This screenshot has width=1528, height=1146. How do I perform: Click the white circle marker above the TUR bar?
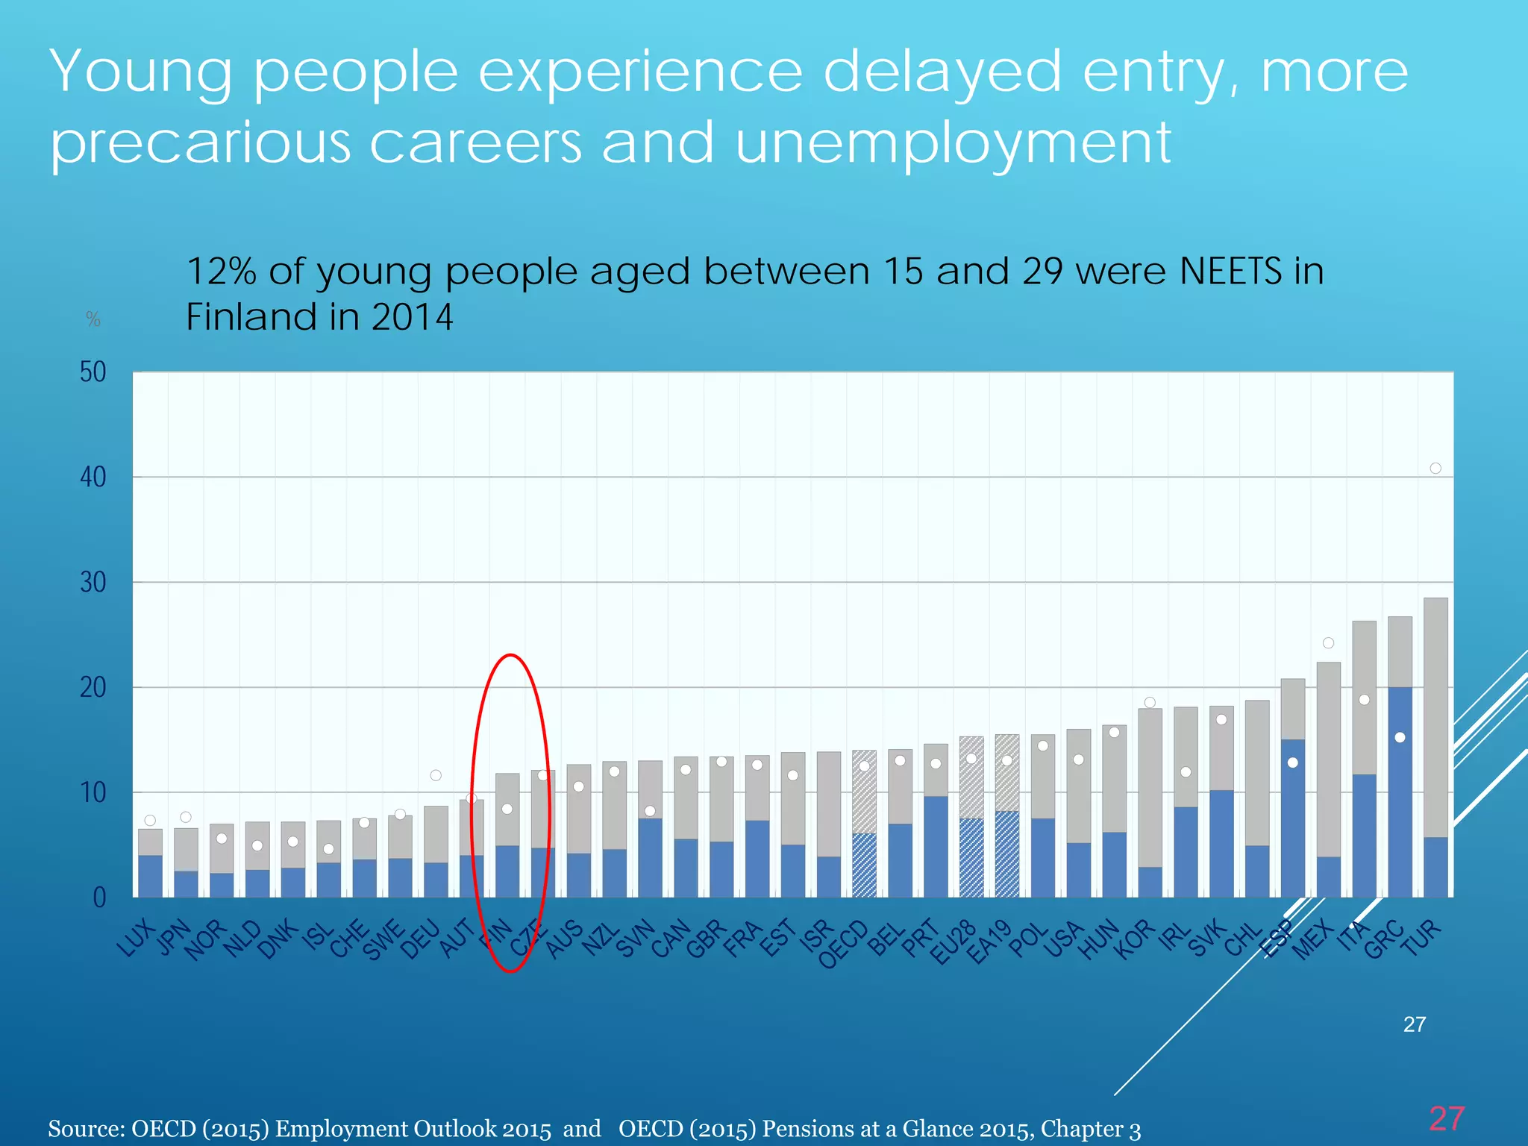pyautogui.click(x=1435, y=469)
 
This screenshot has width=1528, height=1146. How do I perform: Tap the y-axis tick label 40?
pyautogui.click(x=93, y=477)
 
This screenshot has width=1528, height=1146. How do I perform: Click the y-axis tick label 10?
pyautogui.click(x=93, y=792)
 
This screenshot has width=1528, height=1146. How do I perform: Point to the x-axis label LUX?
pyautogui.click(x=137, y=939)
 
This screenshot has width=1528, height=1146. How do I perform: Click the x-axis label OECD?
pyautogui.click(x=843, y=945)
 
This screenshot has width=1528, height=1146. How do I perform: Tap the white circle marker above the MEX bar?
pyautogui.click(x=1328, y=643)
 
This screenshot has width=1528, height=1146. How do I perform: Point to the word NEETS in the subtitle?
pyautogui.click(x=1230, y=271)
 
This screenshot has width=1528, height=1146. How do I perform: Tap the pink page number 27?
pyautogui.click(x=1447, y=1118)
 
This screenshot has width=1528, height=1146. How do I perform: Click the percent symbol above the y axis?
pyautogui.click(x=93, y=319)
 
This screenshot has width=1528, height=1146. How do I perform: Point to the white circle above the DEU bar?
pyautogui.click(x=436, y=775)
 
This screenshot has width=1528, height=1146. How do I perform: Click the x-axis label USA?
pyautogui.click(x=1062, y=939)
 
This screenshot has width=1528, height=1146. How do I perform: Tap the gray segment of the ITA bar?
pyautogui.click(x=1364, y=671)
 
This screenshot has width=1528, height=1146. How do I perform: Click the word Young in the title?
pyautogui.click(x=141, y=72)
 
